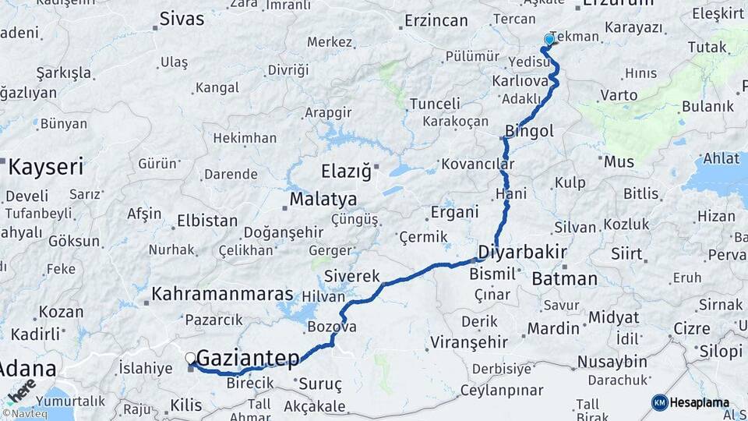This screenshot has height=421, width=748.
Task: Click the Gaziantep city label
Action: tap(248, 358)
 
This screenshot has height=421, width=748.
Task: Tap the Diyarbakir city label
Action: tap(521, 253)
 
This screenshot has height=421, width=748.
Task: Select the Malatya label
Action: tap(323, 200)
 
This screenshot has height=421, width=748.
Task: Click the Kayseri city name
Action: tap(46, 167)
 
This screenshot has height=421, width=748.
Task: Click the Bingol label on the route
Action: tap(529, 131)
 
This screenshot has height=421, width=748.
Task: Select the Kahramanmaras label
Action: tap(222, 295)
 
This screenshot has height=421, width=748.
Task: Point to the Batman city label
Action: tap(564, 278)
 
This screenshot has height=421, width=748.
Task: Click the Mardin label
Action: tap(553, 328)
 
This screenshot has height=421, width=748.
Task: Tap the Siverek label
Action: tap(351, 276)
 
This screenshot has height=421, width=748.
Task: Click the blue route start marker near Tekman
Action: tap(549, 39)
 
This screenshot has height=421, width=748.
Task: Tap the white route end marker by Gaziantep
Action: tap(190, 358)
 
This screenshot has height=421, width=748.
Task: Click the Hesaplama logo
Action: tap(691, 402)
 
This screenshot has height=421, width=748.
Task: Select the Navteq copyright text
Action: tap(25, 414)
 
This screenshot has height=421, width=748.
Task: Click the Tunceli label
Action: tap(435, 104)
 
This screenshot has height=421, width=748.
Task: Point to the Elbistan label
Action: tap(207, 221)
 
